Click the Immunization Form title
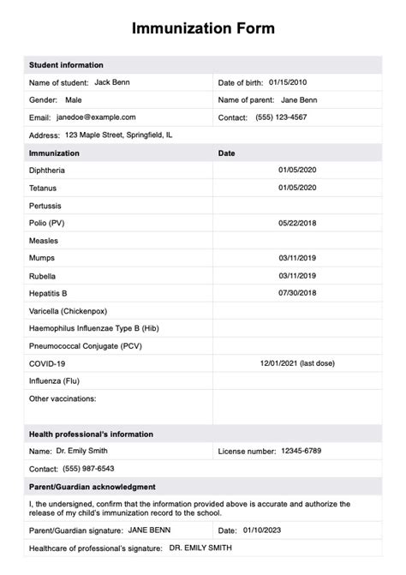click(203, 28)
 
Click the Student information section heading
click(66, 65)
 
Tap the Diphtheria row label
click(47, 171)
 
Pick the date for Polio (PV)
click(297, 223)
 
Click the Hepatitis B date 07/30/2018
click(297, 293)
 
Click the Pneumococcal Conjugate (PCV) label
click(86, 345)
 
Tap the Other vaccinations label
click(63, 398)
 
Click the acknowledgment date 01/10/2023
click(266, 530)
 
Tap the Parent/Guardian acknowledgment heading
click(93, 487)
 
